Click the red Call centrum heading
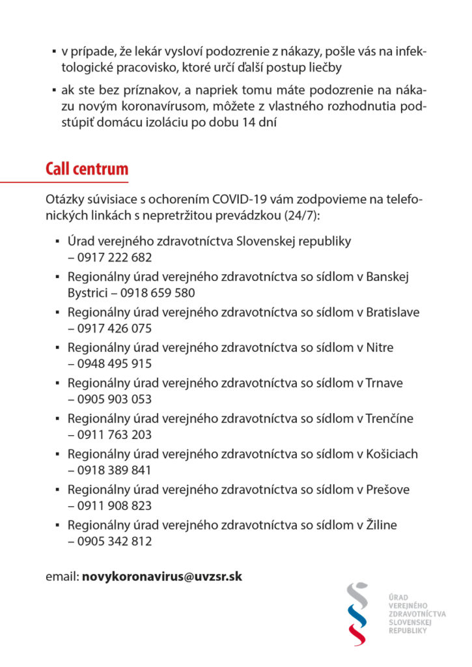87,169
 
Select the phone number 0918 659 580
159,293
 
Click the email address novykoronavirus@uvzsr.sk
162,576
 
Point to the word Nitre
380,347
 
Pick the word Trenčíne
390,418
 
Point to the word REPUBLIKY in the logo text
408,631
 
